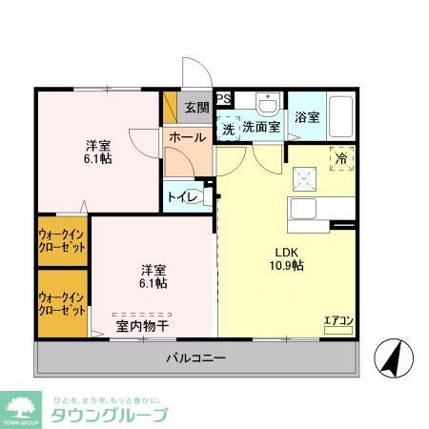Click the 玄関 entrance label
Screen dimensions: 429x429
(x=196, y=106)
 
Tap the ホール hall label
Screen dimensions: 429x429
(x=187, y=137)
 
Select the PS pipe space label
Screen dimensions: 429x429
(x=224, y=98)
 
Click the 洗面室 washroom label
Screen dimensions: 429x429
(x=260, y=127)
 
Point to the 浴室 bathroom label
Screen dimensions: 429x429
(x=306, y=118)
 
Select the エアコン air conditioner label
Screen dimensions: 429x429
(x=337, y=320)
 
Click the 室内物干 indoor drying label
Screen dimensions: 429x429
(x=142, y=326)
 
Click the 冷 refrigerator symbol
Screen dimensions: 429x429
(x=342, y=159)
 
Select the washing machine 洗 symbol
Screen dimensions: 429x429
(x=229, y=127)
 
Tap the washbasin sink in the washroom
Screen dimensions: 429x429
(x=268, y=102)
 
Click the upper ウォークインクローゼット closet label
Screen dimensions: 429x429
(x=62, y=239)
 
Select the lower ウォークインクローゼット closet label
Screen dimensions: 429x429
(x=62, y=303)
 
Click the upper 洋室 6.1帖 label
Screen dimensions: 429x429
(x=98, y=152)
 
